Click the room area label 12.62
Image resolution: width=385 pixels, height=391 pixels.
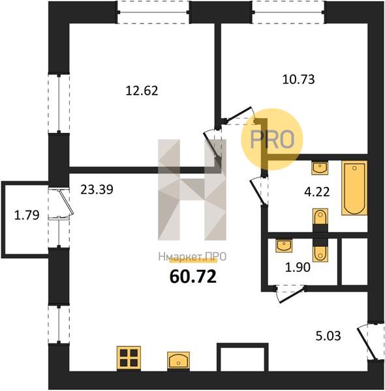tap(142, 91)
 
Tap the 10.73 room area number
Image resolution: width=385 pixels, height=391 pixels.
tap(298, 80)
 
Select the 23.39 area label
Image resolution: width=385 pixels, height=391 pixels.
tap(97, 189)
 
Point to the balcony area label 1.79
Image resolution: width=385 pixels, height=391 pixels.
tap(27, 215)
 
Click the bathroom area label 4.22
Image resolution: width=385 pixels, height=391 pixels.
tap(317, 192)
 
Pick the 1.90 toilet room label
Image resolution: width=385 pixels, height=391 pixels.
tap(298, 267)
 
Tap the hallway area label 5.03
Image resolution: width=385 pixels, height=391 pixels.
tap(328, 336)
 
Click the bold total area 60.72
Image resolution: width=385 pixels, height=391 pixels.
tap(192, 276)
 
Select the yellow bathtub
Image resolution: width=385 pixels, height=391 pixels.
tap(354, 188)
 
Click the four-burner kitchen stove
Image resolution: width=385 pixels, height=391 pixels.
tap(129, 358)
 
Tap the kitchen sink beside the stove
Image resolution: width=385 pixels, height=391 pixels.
tap(178, 360)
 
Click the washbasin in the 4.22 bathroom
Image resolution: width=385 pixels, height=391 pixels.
tap(320, 167)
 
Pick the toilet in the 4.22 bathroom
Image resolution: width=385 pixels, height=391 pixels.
tap(320, 217)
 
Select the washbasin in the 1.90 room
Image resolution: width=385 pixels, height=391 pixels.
tap(284, 246)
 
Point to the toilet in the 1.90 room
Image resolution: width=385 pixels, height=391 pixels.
tap(320, 254)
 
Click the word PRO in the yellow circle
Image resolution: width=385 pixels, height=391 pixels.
tap(272, 139)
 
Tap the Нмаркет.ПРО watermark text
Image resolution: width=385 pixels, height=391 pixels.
tap(192, 257)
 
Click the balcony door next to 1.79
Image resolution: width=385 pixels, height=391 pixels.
tap(65, 203)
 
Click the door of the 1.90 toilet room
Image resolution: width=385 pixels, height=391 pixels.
tap(292, 295)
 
